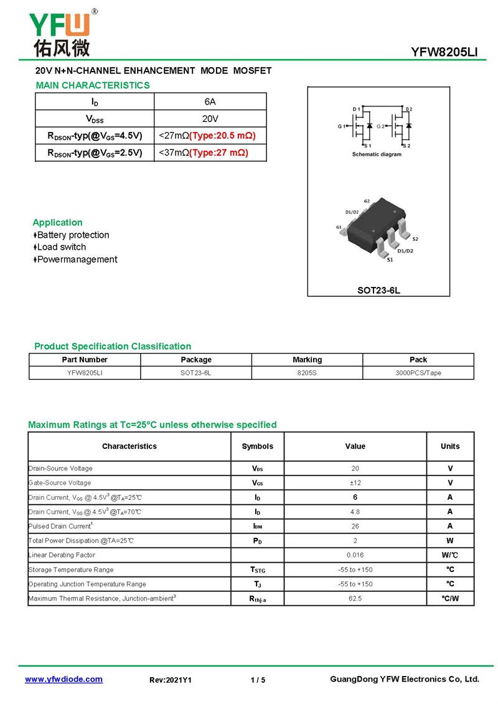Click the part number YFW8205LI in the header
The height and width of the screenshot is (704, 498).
(444, 53)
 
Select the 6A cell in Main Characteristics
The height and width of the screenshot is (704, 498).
(210, 101)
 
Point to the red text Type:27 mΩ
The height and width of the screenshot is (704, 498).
(218, 153)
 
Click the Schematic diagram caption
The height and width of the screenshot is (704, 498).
(377, 154)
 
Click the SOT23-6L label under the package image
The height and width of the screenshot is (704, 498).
(378, 290)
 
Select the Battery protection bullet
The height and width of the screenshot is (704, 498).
(73, 235)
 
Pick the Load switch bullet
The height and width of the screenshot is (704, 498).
(61, 247)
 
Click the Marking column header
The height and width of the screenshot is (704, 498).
(308, 360)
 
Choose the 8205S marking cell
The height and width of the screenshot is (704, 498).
(308, 373)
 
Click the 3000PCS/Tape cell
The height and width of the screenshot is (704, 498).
(418, 373)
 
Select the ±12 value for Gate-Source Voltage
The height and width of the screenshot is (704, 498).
(355, 483)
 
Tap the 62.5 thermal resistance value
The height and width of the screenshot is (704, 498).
(355, 599)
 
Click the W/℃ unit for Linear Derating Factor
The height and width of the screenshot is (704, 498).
(450, 555)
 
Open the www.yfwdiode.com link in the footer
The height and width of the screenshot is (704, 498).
(63, 679)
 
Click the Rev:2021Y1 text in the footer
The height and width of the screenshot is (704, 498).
(171, 680)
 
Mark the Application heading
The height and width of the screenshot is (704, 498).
(57, 222)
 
